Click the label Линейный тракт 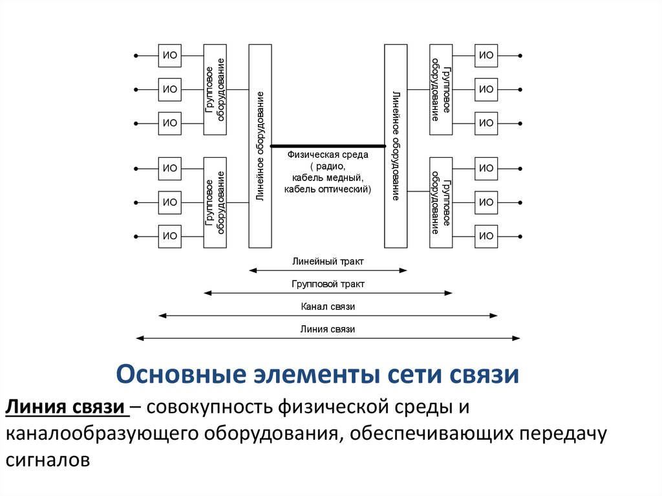328,262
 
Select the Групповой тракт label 328,284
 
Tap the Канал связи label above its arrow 328,307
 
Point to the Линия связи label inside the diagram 328,329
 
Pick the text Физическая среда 328,155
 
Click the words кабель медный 328,178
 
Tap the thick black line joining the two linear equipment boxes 328,146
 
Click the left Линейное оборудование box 260,146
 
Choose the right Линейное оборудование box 396,146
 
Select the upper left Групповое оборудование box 215,89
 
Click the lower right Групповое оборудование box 441,202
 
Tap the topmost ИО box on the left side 170,56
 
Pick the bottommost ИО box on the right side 486,235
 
